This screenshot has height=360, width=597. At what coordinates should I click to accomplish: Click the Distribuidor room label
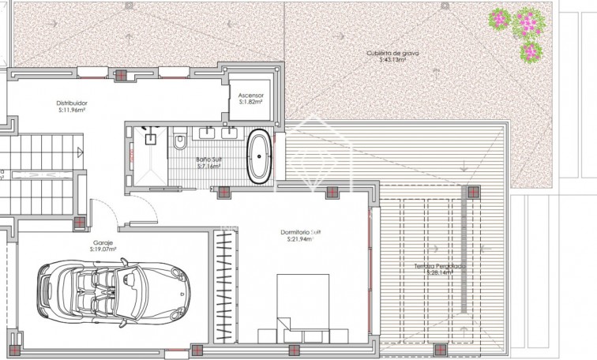point(72,103)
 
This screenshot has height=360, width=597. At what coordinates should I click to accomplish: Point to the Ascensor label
point(251,95)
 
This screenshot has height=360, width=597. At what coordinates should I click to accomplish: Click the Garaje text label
point(103,245)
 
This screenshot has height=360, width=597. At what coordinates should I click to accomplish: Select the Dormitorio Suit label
point(302,231)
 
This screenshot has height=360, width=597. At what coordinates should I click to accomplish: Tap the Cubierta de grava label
point(392,53)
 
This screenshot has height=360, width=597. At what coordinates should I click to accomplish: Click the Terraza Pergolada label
point(440,266)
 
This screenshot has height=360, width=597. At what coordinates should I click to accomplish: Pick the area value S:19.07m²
point(103,251)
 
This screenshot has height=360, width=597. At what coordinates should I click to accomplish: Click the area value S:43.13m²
point(392,59)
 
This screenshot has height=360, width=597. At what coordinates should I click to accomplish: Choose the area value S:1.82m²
point(251,102)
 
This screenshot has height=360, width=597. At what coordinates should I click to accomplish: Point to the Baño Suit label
point(209,160)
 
